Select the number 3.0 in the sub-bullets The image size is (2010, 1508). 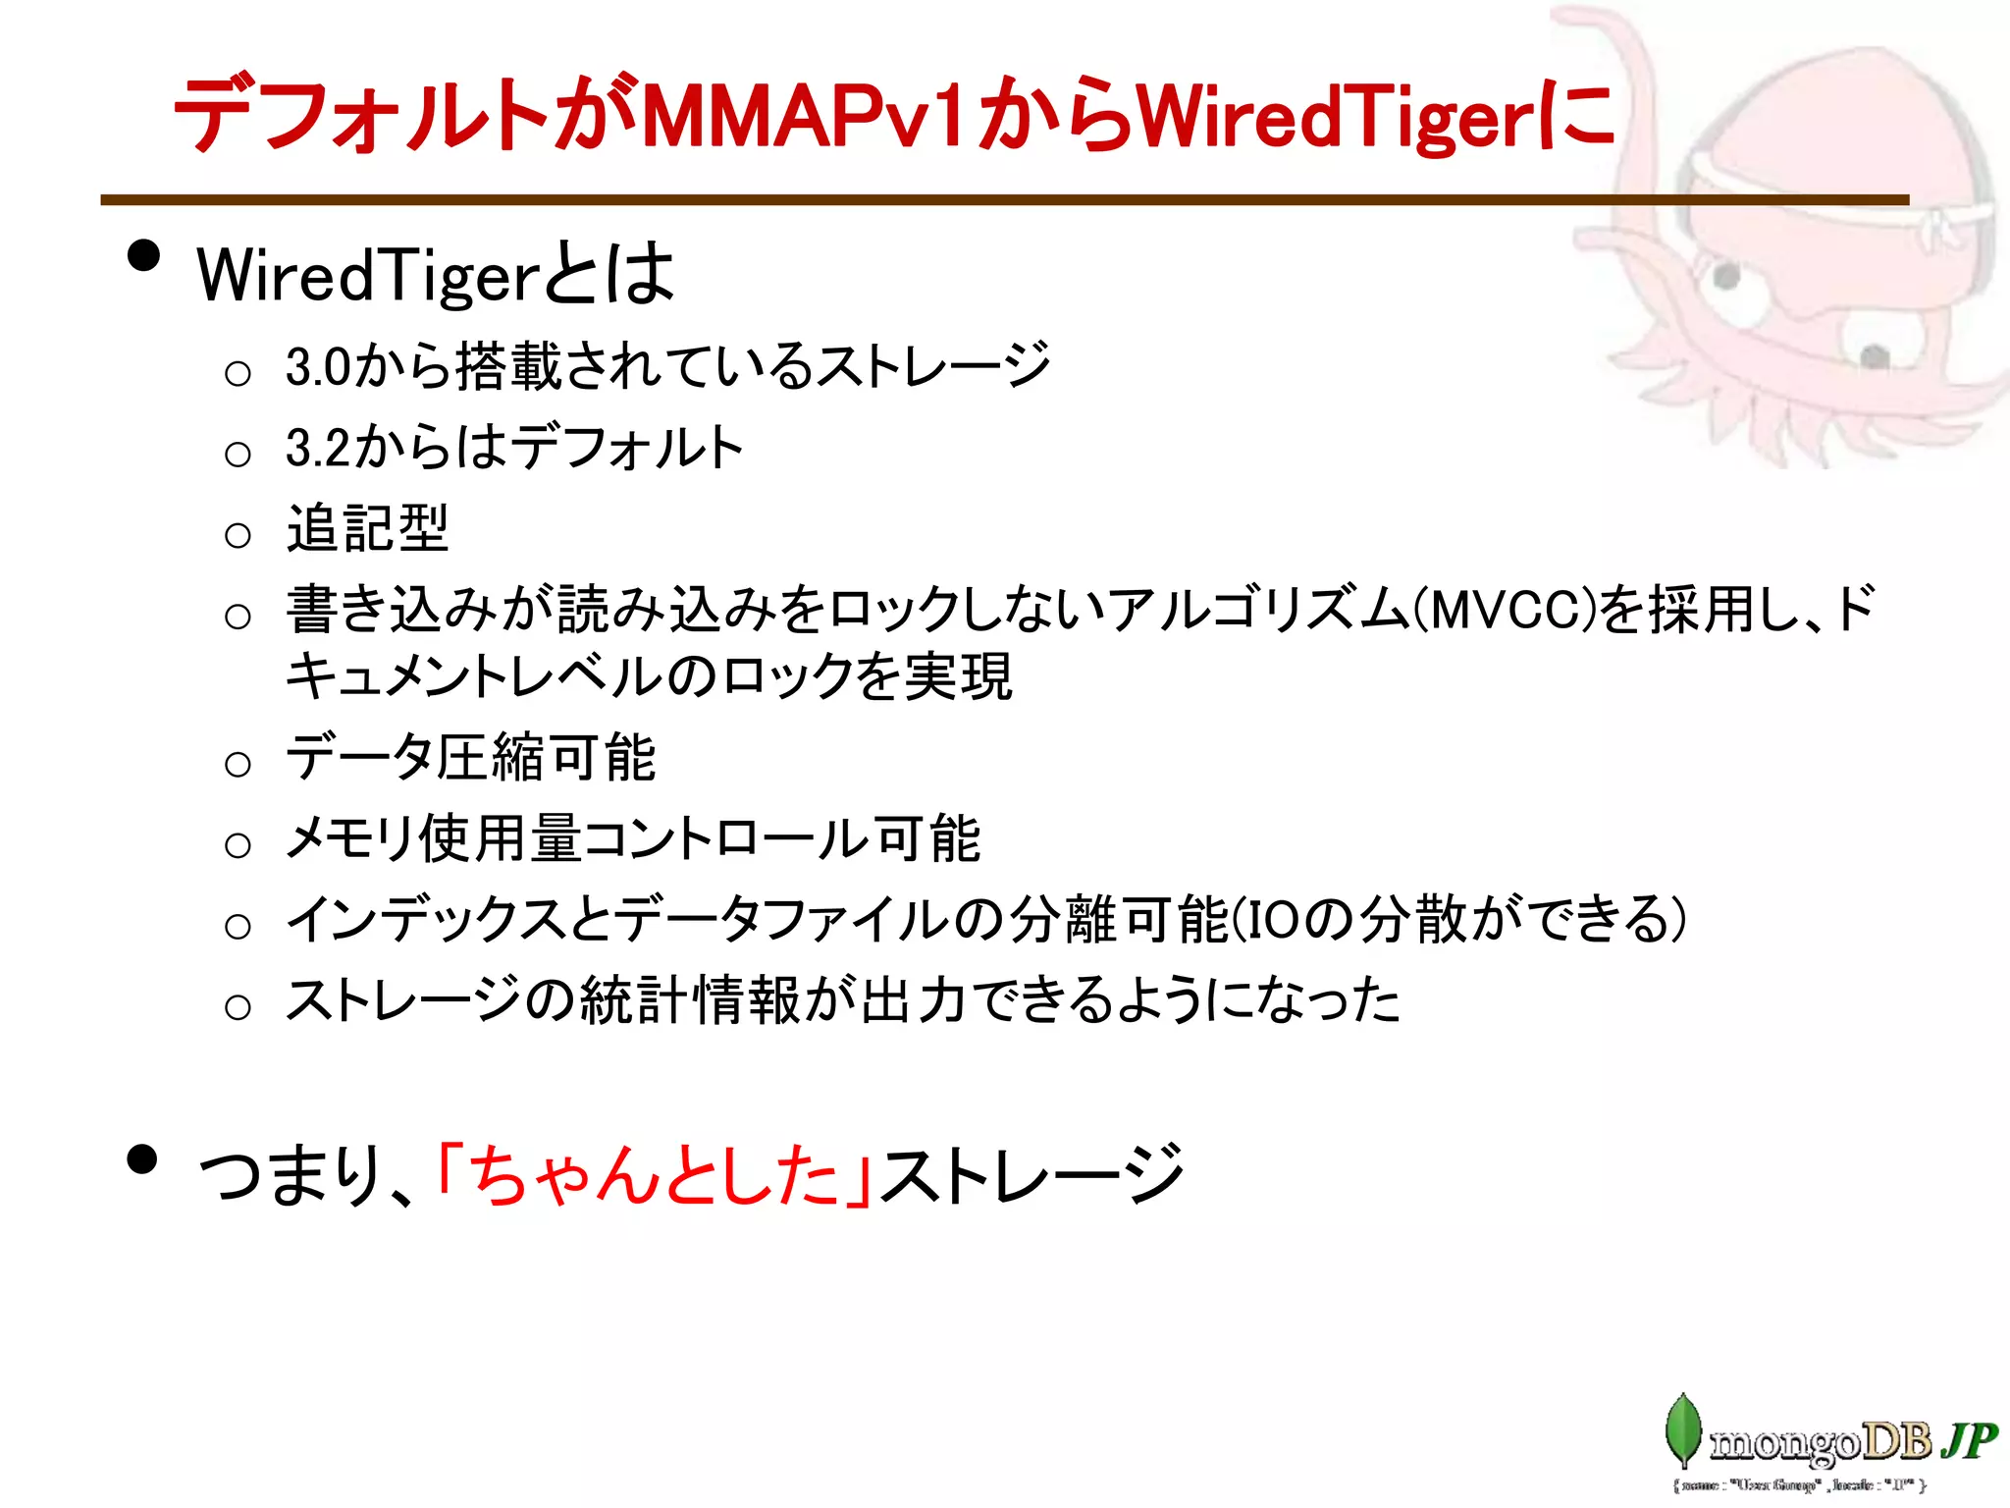318,367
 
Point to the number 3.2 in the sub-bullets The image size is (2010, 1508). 318,448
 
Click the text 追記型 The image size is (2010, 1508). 368,529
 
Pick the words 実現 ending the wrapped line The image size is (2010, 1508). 958,676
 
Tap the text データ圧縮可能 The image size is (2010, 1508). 471,758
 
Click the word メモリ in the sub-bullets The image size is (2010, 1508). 349,839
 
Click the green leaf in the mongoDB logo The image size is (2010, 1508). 1682,1430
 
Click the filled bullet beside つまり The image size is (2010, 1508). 143,1158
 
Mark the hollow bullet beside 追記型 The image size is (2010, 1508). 238,535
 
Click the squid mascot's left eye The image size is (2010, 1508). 1725,276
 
